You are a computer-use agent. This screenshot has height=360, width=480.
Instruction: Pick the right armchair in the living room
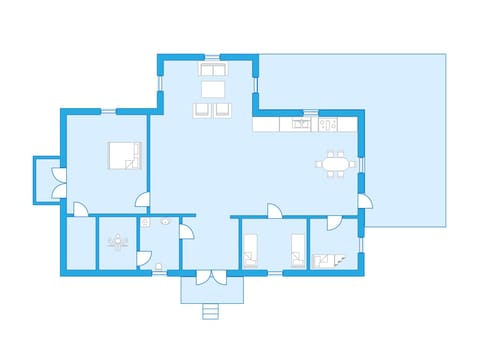[224, 109]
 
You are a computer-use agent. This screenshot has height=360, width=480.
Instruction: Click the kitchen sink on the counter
[328, 124]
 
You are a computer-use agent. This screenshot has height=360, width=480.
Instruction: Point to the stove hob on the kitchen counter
[298, 124]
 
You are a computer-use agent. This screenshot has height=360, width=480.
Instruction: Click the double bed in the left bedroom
[124, 156]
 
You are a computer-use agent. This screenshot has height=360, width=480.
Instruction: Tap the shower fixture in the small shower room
[119, 241]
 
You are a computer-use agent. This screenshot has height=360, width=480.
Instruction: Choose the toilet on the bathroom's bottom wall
[159, 265]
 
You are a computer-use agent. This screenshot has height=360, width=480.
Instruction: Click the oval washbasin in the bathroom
[146, 220]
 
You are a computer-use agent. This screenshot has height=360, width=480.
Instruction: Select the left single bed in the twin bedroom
[250, 251]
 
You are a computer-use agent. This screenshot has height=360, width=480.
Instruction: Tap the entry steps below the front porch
[210, 311]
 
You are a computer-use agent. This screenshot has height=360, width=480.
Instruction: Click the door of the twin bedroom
[274, 210]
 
